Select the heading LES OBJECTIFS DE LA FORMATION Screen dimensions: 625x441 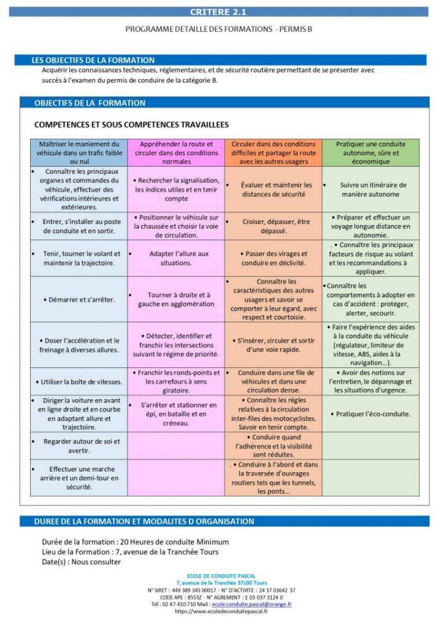click(93, 60)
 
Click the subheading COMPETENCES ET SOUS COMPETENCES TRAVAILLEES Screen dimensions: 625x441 click(131, 125)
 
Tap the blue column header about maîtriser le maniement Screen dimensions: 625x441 click(79, 153)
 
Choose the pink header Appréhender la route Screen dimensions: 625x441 click(176, 153)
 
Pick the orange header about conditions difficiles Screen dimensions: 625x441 click(273, 153)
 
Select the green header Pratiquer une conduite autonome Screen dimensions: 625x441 click(371, 153)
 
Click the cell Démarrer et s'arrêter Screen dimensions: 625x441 click(79, 299)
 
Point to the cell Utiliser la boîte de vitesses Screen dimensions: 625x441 click(79, 382)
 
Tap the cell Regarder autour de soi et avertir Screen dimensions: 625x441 click(79, 446)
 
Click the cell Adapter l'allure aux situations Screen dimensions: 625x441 click(176, 258)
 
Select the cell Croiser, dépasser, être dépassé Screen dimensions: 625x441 click(273, 226)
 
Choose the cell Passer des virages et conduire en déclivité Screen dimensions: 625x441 click(273, 258)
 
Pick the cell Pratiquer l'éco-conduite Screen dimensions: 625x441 click(371, 414)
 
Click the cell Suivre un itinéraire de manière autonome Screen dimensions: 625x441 click(371, 190)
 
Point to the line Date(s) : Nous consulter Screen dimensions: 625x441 click(82, 561)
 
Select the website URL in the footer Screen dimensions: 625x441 click(221, 612)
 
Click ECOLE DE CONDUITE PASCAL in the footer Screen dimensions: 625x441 click(221, 576)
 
